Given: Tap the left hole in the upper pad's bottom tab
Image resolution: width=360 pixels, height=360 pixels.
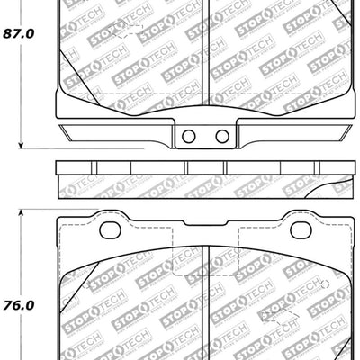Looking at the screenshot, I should click(188, 136).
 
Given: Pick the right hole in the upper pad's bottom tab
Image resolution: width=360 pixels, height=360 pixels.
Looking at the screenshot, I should click(221, 136).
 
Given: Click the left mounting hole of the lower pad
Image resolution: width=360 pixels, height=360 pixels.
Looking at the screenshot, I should click(110, 230).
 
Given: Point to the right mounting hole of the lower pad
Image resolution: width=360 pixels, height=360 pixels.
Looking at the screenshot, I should click(300, 230).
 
